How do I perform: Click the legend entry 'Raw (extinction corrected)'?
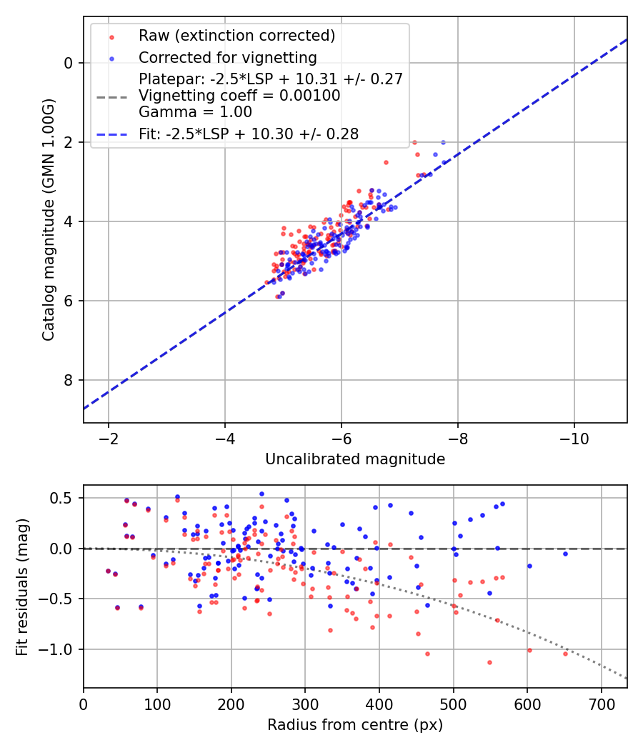pos(236,36)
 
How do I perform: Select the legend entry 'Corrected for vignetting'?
pos(227,57)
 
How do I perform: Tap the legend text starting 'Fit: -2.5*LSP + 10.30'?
pos(249,134)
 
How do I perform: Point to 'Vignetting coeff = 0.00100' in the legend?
pos(239,96)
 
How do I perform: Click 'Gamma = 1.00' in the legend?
pos(195,111)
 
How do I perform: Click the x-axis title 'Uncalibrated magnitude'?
pos(355,459)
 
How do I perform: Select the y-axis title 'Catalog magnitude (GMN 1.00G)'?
pos(49,220)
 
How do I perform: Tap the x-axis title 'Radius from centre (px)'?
pos(355,725)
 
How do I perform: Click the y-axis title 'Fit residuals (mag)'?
pos(22,586)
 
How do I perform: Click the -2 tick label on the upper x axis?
pos(109,437)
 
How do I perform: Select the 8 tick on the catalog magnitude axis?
pos(69,380)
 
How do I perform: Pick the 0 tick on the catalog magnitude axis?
pos(69,63)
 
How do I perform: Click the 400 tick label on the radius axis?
pos(379,702)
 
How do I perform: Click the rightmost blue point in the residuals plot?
pos(565,554)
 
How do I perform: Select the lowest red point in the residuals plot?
pos(489,662)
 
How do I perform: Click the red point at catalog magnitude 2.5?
pos(386,162)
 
